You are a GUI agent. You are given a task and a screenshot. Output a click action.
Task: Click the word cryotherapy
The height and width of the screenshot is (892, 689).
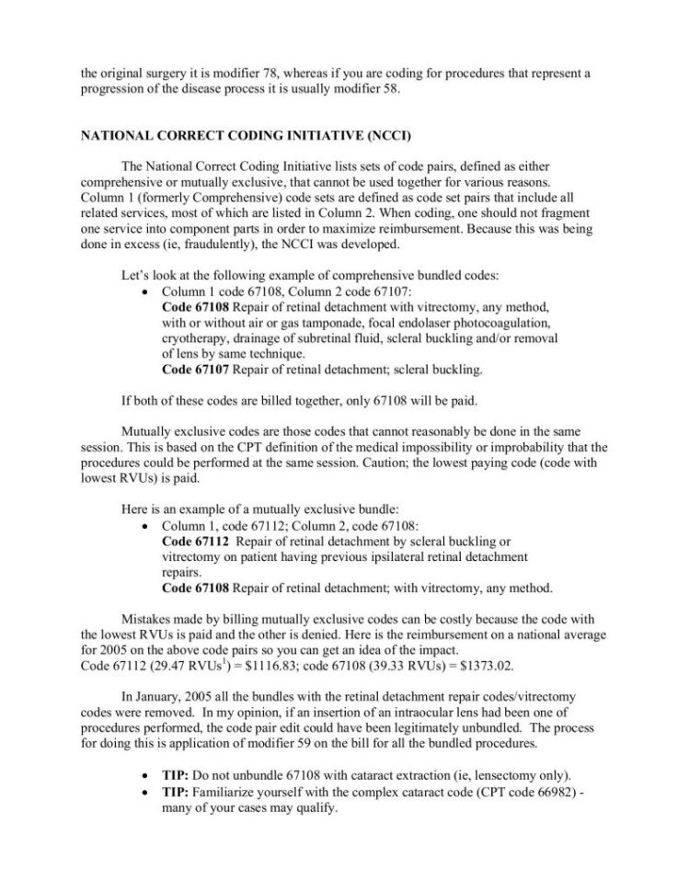coord(201,339)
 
